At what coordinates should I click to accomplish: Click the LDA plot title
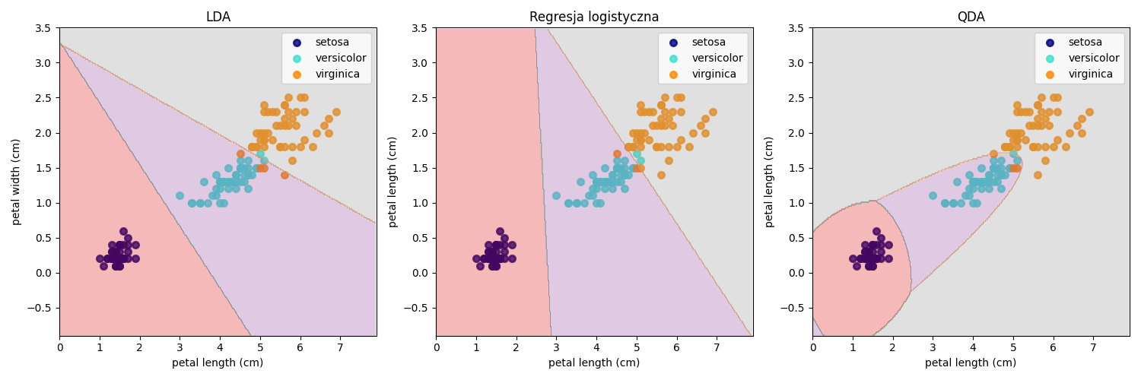(218, 17)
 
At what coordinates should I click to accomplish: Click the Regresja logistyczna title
(594, 17)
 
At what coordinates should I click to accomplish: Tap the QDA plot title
(971, 17)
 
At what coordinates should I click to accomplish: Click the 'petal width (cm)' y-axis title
(17, 182)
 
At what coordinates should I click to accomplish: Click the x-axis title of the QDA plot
(971, 363)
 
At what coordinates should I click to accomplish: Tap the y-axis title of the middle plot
(393, 182)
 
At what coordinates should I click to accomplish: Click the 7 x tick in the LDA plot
(340, 347)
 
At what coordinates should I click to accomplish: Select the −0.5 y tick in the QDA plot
(793, 308)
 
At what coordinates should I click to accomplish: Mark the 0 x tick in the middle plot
(437, 347)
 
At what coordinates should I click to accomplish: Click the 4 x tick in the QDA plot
(973, 347)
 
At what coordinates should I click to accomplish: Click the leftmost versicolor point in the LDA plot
(180, 195)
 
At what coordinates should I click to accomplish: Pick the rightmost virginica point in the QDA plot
(1089, 112)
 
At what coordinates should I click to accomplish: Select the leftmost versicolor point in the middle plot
(556, 195)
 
